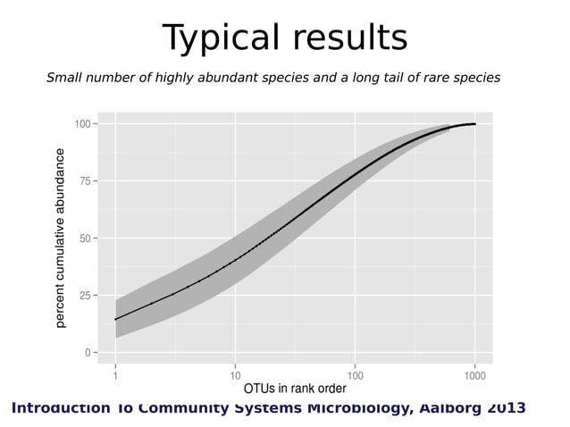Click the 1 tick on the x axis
116,373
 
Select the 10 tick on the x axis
236,373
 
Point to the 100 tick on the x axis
355,373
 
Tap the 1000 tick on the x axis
474,373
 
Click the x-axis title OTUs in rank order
295,389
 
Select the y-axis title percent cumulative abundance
61,238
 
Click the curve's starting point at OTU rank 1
116,319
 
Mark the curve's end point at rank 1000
474,124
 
